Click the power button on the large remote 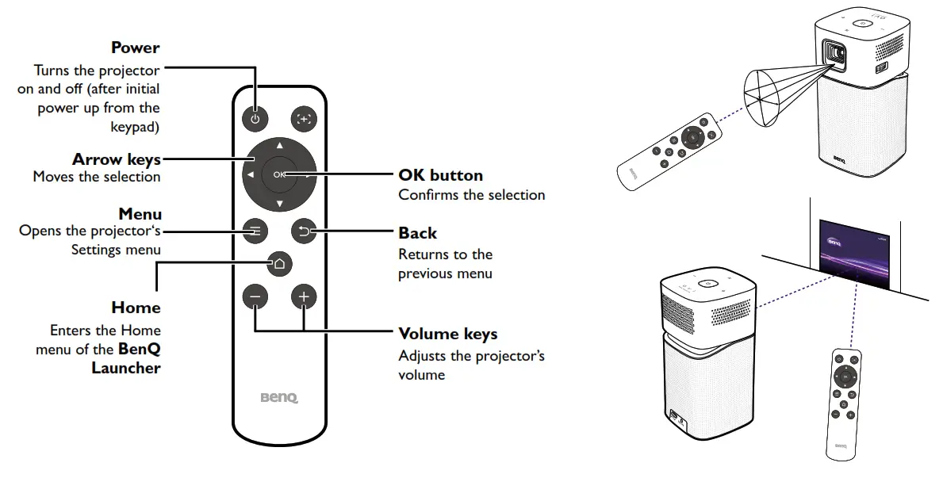[x=255, y=120]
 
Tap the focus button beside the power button [x=303, y=120]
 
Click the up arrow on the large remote [x=278, y=147]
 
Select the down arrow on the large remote [x=278, y=204]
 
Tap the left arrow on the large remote [x=250, y=175]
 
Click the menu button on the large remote [x=255, y=231]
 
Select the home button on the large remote [x=278, y=263]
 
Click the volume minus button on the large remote [x=255, y=297]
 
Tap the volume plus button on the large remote [x=303, y=297]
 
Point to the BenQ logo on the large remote [x=279, y=397]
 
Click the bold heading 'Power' [x=135, y=48]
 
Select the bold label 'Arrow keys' [x=117, y=160]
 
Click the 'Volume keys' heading [x=447, y=334]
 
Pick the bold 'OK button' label [x=440, y=174]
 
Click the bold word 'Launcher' [x=126, y=368]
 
